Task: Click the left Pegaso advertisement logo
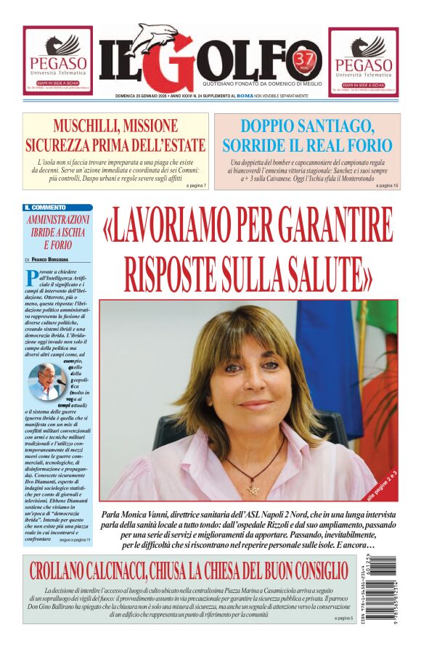[57, 62]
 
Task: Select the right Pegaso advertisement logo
[363, 62]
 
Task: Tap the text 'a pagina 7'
[196, 186]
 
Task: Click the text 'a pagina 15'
[387, 186]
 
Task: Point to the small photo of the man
[46, 381]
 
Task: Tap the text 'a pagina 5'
[343, 618]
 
